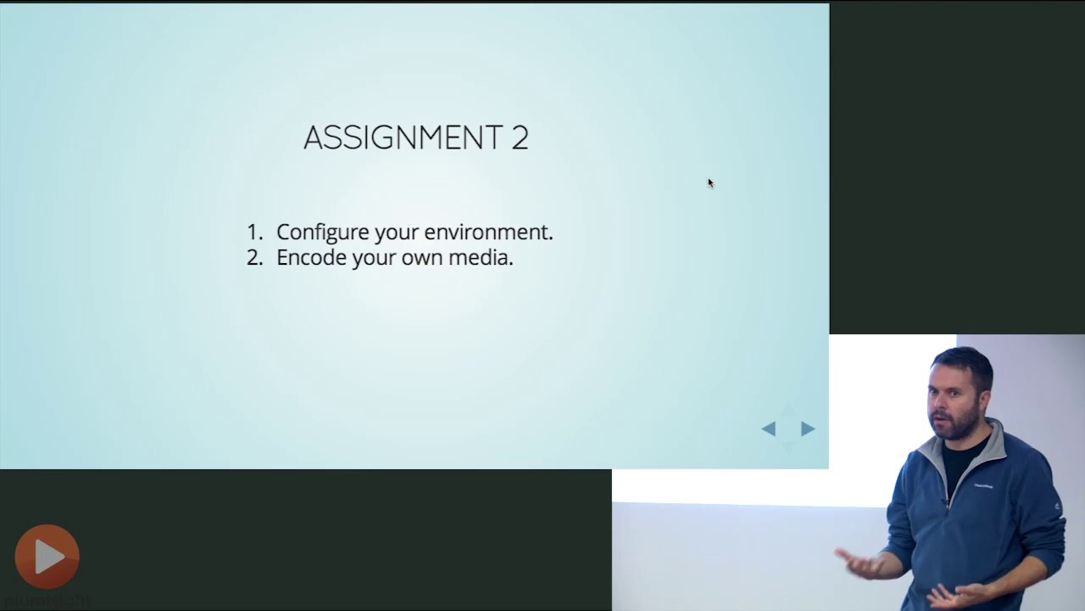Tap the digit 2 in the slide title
(520, 137)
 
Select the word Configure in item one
(323, 233)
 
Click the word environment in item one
(489, 233)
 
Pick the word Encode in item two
(312, 257)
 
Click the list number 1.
(255, 233)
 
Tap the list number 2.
(255, 258)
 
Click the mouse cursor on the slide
(710, 183)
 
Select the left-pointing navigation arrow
(769, 429)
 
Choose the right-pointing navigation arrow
(808, 429)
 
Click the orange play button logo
(47, 556)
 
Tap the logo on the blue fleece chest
(983, 485)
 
